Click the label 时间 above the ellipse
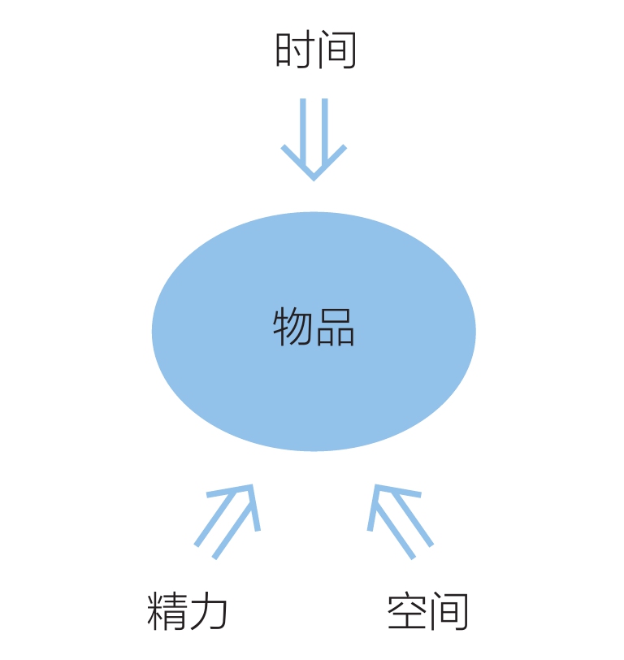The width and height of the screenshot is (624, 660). [x=315, y=51]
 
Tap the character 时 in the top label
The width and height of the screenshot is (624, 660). [x=293, y=51]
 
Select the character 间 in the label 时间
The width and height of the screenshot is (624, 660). [x=337, y=51]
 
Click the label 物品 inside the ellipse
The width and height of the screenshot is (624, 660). [x=314, y=328]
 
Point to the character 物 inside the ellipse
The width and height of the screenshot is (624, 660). [x=292, y=328]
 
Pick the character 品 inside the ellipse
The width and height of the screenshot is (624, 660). [x=335, y=328]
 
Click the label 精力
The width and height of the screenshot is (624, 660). [x=188, y=611]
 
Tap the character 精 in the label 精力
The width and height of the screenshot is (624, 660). [x=167, y=611]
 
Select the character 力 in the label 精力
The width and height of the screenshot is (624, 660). [x=209, y=611]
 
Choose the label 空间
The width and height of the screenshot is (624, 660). [x=427, y=611]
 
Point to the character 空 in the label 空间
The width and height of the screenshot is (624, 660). [x=406, y=611]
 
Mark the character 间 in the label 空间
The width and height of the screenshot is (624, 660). [x=449, y=611]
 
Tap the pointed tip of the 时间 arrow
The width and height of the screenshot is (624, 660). [x=314, y=177]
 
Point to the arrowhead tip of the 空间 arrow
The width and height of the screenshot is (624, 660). [x=376, y=488]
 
